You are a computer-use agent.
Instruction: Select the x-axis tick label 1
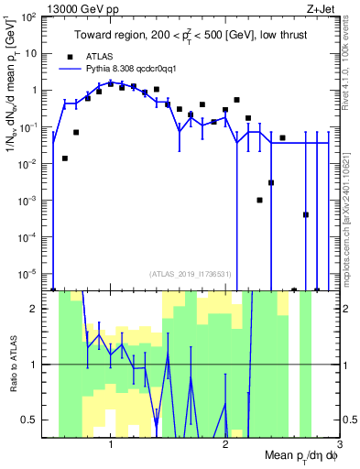(111, 445)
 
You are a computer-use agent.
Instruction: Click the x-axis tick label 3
(339, 445)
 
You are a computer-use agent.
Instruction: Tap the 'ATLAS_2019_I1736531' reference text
(190, 274)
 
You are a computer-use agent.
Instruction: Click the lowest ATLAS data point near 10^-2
(65, 158)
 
